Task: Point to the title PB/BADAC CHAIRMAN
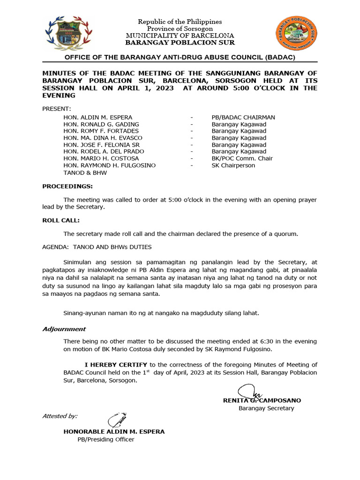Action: [243, 117]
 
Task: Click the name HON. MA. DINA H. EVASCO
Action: [103, 138]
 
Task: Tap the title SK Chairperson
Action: [233, 165]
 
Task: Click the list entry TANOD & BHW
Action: [85, 172]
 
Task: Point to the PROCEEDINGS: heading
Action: [67, 186]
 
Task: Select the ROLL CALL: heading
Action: [61, 220]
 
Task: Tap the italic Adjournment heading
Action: [64, 329]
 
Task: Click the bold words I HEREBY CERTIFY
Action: [116, 364]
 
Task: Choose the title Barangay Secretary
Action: [266, 408]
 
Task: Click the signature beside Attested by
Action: [116, 420]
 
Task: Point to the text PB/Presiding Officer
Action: [106, 439]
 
